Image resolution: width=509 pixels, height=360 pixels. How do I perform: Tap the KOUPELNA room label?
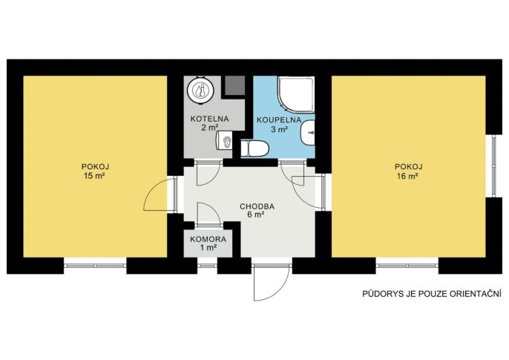pos(279,120)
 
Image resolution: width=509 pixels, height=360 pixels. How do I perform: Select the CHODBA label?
pos(257,206)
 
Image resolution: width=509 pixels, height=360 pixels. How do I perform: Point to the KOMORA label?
pos(208,240)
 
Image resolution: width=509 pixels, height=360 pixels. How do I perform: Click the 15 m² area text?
pos(94,176)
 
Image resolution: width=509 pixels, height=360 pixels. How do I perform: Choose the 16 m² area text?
pos(408,176)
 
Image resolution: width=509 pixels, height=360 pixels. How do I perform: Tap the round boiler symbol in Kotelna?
pos(200,89)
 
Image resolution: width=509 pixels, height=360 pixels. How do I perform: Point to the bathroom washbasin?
pos(308,133)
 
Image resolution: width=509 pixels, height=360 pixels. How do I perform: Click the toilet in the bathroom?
pos(255,149)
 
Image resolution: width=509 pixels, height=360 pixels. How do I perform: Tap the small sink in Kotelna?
pos(225,141)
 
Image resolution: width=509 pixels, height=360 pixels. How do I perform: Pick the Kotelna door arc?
pos(208,172)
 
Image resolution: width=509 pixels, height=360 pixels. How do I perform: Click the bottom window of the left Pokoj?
pos(95,266)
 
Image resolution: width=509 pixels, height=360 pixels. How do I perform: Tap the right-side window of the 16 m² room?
pos(493,166)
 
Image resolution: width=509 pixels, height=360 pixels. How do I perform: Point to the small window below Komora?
pos(208,266)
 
